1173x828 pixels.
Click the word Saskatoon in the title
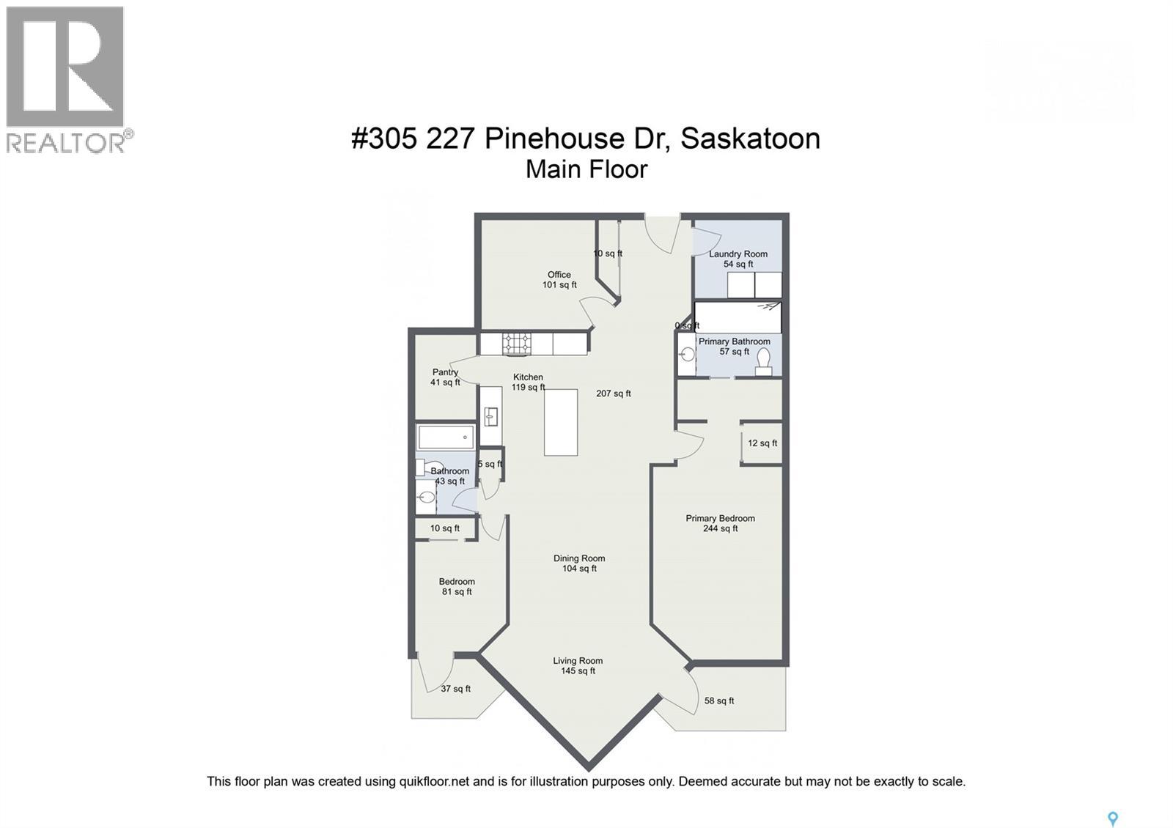750,138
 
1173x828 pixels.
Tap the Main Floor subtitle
586,169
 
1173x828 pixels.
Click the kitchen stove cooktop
517,344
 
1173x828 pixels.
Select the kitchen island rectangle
561,422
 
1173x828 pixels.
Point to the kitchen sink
491,417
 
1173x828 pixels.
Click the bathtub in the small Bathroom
446,437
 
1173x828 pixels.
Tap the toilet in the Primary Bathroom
763,362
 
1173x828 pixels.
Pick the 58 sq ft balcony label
719,701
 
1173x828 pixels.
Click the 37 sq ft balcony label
455,689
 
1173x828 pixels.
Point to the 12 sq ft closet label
762,443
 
